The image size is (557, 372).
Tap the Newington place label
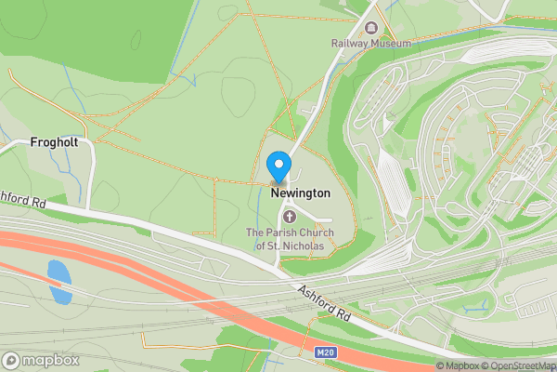(x=300, y=193)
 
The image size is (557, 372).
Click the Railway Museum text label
(x=370, y=43)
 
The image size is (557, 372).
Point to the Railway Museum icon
(x=371, y=27)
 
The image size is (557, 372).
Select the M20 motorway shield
(x=324, y=352)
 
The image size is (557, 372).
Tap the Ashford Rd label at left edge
(x=23, y=198)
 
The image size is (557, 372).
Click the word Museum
(x=390, y=43)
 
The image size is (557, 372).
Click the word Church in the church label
(x=310, y=232)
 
